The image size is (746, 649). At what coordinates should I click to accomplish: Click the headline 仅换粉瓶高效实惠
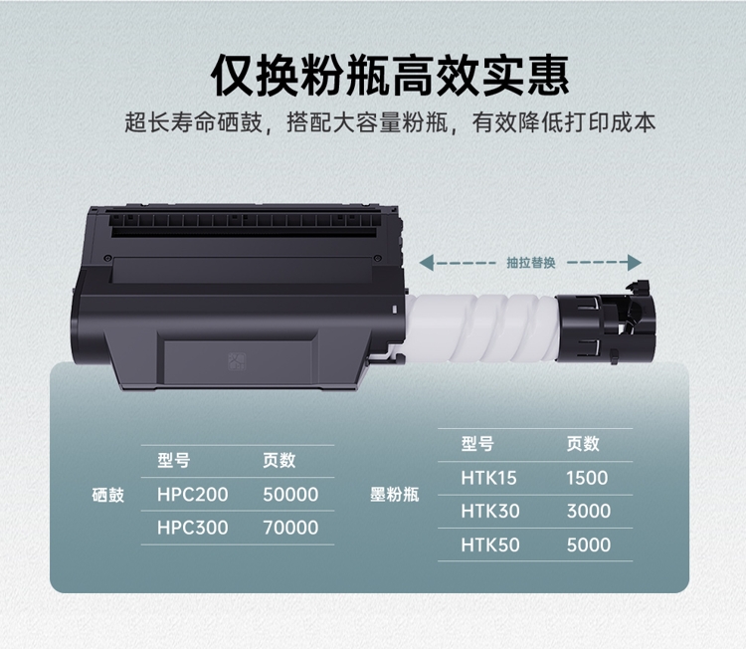pyautogui.click(x=390, y=77)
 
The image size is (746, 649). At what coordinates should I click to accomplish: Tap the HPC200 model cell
pyautogui.click(x=193, y=495)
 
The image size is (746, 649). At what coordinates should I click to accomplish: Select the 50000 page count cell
pyautogui.click(x=290, y=495)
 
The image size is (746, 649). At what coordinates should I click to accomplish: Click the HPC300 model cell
pyautogui.click(x=193, y=528)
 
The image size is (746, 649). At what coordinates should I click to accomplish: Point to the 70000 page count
pyautogui.click(x=290, y=528)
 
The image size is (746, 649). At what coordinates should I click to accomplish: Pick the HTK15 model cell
pyautogui.click(x=488, y=478)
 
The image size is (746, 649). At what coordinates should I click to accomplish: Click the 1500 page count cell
pyautogui.click(x=587, y=478)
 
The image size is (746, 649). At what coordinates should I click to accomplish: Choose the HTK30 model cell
pyautogui.click(x=490, y=512)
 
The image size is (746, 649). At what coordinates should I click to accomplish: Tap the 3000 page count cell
pyautogui.click(x=589, y=512)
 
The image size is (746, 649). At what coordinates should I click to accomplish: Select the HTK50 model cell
pyautogui.click(x=490, y=545)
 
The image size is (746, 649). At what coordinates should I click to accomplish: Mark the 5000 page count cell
pyautogui.click(x=589, y=545)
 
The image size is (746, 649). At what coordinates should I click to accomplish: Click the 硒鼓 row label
pyautogui.click(x=108, y=495)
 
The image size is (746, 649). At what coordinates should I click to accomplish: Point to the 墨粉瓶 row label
pyautogui.click(x=395, y=495)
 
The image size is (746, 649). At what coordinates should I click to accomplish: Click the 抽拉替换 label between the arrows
pyautogui.click(x=531, y=263)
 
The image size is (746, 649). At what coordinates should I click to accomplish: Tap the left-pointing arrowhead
pyautogui.click(x=427, y=263)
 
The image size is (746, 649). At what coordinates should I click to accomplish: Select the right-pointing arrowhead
pyautogui.click(x=635, y=263)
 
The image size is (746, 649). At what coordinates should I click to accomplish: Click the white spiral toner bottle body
pyautogui.click(x=480, y=328)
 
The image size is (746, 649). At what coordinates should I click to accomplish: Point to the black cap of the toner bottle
pyautogui.click(x=605, y=328)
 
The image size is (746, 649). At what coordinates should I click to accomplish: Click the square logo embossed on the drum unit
pyautogui.click(x=237, y=362)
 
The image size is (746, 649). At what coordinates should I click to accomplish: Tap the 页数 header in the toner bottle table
pyautogui.click(x=583, y=444)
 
